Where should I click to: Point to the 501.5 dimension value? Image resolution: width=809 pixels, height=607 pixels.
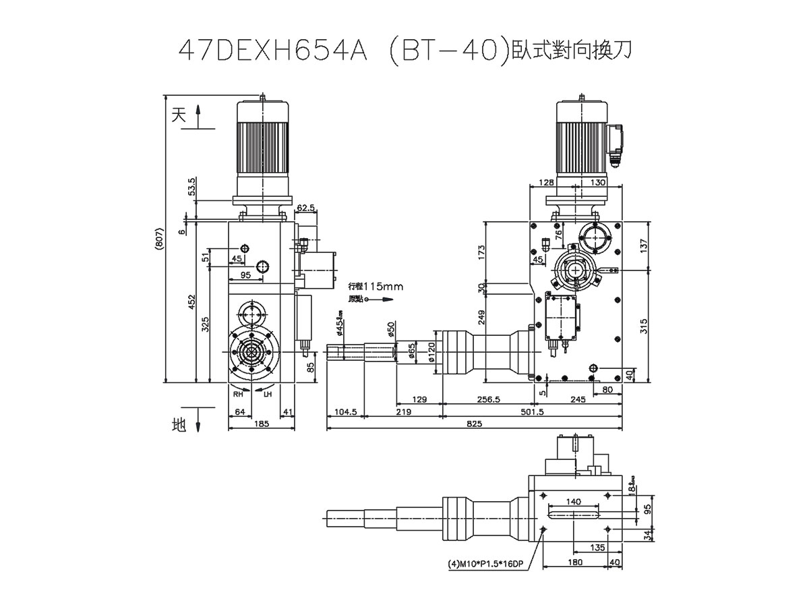(x=533, y=411)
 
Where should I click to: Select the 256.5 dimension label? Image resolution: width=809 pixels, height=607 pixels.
(x=488, y=399)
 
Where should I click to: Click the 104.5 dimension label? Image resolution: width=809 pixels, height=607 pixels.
(x=345, y=411)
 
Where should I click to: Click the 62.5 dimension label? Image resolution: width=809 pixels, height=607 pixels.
(x=305, y=208)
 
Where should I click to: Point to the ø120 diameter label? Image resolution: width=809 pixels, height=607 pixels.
(x=431, y=352)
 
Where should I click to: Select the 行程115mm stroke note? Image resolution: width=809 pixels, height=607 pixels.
(x=376, y=287)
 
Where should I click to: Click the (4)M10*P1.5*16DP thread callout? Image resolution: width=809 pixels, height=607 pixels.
(x=485, y=565)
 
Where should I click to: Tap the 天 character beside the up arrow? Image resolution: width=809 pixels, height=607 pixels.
(x=178, y=115)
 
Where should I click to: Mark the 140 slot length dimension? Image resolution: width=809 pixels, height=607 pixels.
(x=573, y=501)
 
